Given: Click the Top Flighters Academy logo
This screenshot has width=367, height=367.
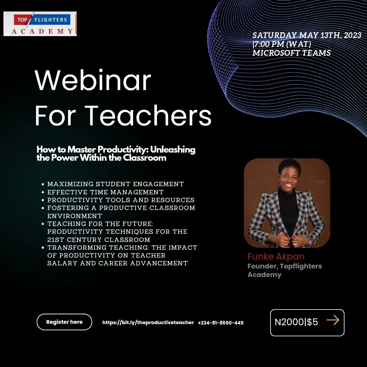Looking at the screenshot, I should pos(40,24).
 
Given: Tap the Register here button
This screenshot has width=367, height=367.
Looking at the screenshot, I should pos(64,322).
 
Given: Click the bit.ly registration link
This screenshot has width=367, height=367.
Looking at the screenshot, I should pos(148,322).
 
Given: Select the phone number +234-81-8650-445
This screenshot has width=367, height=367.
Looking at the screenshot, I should pos(221,322).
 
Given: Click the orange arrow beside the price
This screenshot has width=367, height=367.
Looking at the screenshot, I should pos(333,320).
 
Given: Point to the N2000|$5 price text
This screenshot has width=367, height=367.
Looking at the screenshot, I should pos(296,322).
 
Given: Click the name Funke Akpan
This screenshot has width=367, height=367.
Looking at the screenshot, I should pos(276,256).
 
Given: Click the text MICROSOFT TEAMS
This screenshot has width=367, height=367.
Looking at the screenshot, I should pos(292,53).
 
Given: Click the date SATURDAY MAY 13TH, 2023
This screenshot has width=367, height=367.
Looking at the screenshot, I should pos(307,35).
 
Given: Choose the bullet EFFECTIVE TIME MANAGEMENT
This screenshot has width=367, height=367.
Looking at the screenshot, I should pos(105,192).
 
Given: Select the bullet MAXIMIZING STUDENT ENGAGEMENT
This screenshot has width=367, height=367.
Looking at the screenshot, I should pos(116,184).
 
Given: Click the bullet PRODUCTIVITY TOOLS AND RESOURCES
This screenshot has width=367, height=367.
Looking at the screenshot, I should pos(121,200).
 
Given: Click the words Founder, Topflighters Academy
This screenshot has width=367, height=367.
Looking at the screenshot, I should pos(285,270).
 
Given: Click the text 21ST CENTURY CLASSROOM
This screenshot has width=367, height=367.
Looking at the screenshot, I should pos(99,240).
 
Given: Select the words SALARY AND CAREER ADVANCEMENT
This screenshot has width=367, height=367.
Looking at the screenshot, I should pos(118,263).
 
